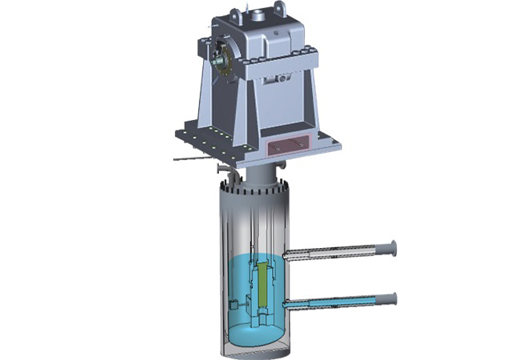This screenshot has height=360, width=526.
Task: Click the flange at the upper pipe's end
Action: pos(393,248)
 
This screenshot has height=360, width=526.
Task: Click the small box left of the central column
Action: pos(234,304)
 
